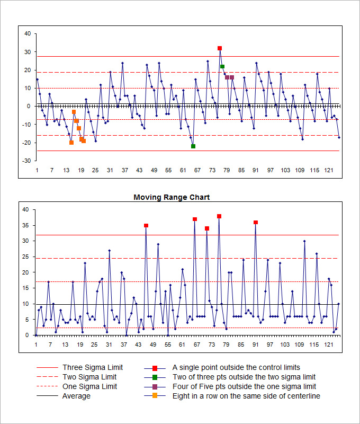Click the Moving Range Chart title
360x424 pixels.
click(x=172, y=197)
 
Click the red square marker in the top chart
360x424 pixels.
click(x=220, y=48)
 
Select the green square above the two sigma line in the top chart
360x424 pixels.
click(x=222, y=66)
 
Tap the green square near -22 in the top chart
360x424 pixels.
click(x=193, y=146)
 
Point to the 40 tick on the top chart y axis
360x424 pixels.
click(x=28, y=34)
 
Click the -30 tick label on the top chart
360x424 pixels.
click(x=26, y=161)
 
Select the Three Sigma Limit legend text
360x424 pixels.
click(x=93, y=367)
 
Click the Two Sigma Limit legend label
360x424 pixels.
click(x=89, y=377)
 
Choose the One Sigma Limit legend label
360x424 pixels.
click(x=89, y=386)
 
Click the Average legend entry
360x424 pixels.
click(x=76, y=396)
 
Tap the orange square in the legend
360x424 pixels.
click(x=155, y=396)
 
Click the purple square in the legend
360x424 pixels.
click(x=155, y=386)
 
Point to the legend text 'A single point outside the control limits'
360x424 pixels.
click(x=236, y=367)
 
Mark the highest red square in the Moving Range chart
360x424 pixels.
click(x=219, y=216)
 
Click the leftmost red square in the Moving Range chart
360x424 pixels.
click(x=146, y=225)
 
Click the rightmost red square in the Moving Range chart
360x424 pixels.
click(x=256, y=223)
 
